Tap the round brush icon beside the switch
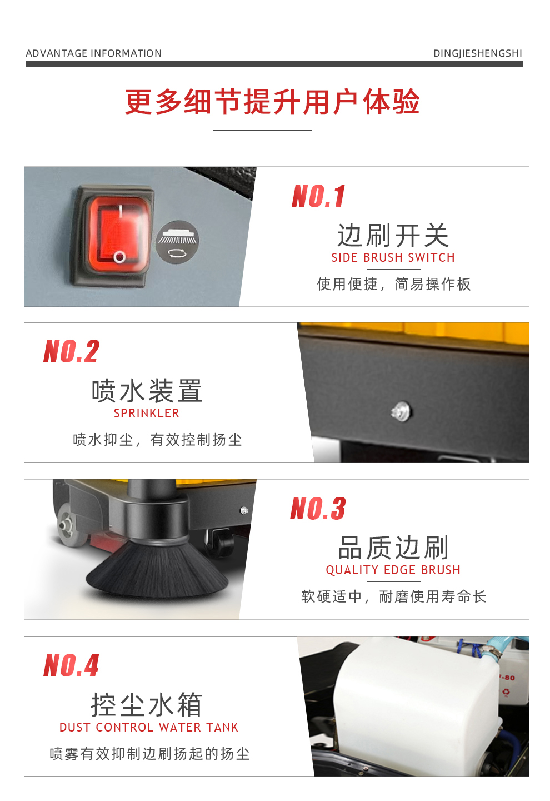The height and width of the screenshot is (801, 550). coord(177,242)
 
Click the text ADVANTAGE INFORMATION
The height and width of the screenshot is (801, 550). coord(94,53)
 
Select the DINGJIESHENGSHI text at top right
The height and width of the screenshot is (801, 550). coord(477,53)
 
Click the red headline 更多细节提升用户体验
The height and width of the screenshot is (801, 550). coord(272,102)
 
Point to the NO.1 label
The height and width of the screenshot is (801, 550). coord(319,197)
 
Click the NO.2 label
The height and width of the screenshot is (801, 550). coord(72,352)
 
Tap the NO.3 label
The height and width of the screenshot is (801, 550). coord(318,509)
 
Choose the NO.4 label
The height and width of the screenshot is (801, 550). coord(72,665)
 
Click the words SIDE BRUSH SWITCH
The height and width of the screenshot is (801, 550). coord(393,258)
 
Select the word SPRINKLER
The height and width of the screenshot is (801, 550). coord(147,414)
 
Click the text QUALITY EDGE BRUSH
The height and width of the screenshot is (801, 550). coord(393,570)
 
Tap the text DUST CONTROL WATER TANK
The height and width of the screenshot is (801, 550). coord(149,728)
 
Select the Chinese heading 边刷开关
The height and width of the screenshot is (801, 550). coord(393,236)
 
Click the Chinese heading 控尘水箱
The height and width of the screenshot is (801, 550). coord(147,705)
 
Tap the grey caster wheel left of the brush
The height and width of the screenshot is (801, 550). coord(68,524)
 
